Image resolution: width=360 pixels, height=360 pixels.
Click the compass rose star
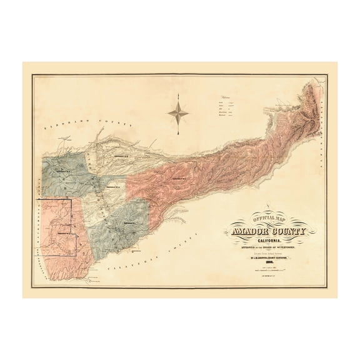pyautogui.click(x=180, y=112)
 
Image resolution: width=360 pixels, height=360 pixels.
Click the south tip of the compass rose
pyautogui.click(x=180, y=134)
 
